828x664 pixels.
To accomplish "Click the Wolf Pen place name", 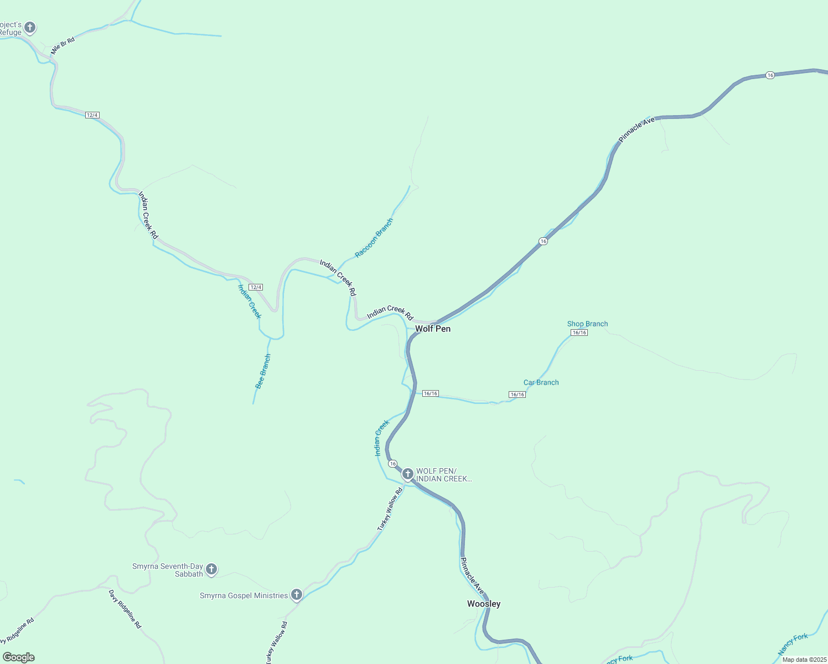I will tap(433, 329).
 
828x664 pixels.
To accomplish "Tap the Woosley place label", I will tap(484, 604).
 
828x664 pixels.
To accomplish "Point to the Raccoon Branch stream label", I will tap(374, 238).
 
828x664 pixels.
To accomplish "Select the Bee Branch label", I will tap(263, 371).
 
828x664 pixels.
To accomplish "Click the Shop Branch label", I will tap(587, 324).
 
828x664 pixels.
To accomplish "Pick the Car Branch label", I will tap(541, 382).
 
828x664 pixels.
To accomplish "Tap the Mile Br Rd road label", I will tap(63, 46).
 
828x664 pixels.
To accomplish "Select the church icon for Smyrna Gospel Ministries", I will tap(297, 595).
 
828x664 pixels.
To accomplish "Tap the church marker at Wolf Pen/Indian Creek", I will tap(407, 474).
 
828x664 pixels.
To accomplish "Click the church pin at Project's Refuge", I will tap(30, 27).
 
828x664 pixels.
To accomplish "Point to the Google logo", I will tap(18, 657).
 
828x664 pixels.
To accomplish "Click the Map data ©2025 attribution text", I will tap(804, 660).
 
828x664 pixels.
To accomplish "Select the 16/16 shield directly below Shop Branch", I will tap(579, 333).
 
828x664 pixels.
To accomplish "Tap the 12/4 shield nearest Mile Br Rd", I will tap(92, 115).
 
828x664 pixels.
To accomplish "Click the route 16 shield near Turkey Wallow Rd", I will tap(392, 463).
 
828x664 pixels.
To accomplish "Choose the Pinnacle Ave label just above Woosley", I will tap(472, 577).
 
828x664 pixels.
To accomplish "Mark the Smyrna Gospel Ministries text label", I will tap(244, 595).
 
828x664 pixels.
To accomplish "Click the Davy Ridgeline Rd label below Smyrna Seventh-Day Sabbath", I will tap(125, 609).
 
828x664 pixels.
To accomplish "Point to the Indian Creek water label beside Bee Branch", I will tap(249, 302).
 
